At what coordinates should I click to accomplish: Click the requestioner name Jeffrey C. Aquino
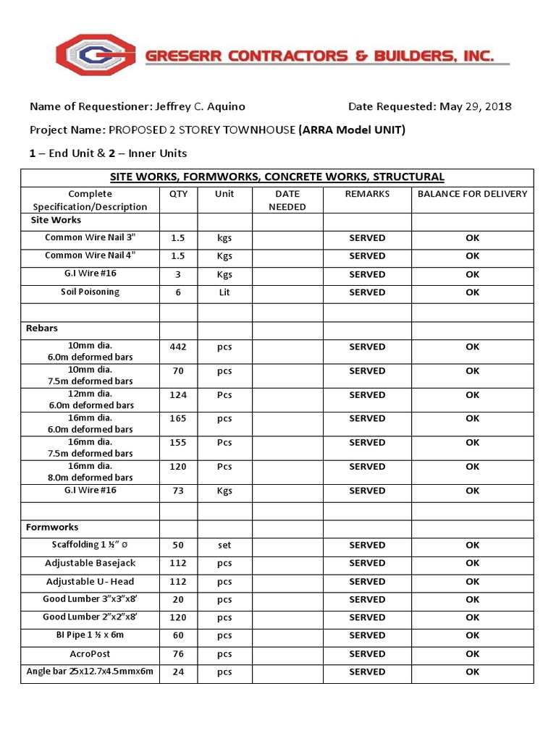point(201,106)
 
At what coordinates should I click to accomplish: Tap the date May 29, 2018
point(475,106)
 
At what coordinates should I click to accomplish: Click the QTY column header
point(178,194)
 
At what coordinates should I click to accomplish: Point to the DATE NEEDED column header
point(287,200)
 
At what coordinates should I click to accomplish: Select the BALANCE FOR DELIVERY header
point(472,194)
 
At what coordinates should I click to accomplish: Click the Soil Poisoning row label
point(90,292)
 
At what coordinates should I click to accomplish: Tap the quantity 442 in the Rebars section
point(178,347)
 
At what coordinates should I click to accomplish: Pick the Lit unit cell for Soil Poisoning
point(224,292)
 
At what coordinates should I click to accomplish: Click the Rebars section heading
point(42,329)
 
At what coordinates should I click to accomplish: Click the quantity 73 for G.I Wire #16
point(178,491)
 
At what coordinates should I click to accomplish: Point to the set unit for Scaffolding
point(224,546)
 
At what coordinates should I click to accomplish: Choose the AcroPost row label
point(90,653)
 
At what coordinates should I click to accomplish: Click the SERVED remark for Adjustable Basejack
point(367,564)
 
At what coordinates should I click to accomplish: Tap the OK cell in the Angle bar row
point(472,672)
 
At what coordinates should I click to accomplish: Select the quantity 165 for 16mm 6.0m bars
point(178,418)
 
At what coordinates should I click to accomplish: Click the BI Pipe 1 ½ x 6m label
point(90,635)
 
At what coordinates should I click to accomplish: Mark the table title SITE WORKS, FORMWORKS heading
point(277,177)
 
